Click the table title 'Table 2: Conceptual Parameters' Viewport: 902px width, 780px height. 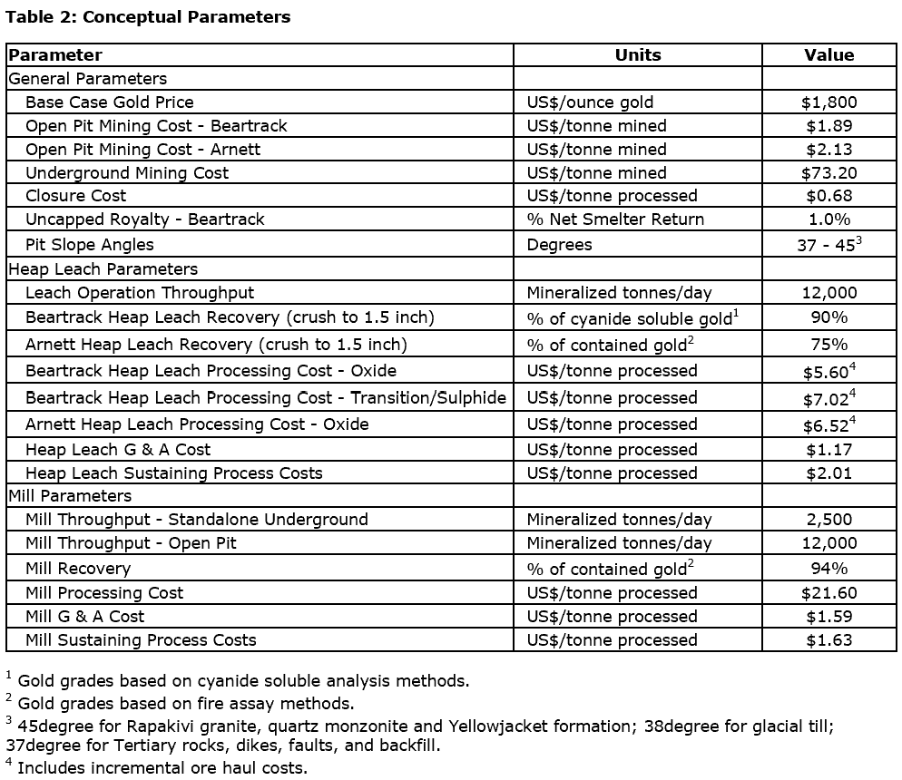tap(148, 17)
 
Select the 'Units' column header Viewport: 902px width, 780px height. tap(638, 55)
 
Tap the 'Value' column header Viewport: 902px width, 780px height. tap(828, 55)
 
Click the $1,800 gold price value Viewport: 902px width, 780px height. tap(828, 102)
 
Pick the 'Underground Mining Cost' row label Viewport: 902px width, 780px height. tap(127, 173)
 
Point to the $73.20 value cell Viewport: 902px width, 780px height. tap(828, 173)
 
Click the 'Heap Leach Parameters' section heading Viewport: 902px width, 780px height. tap(103, 269)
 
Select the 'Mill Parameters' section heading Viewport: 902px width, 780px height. tap(70, 496)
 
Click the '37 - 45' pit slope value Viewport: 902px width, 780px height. tap(826, 245)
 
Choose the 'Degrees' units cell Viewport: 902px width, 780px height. tap(559, 245)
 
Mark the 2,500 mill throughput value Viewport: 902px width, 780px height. tap(828, 520)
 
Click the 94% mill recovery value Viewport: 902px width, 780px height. tap(828, 569)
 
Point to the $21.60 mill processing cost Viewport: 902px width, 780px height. tap(828, 593)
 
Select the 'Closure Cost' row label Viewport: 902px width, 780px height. tap(76, 196)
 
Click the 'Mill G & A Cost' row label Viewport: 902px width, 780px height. tap(85, 617)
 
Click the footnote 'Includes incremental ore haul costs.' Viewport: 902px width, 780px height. tap(162, 768)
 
